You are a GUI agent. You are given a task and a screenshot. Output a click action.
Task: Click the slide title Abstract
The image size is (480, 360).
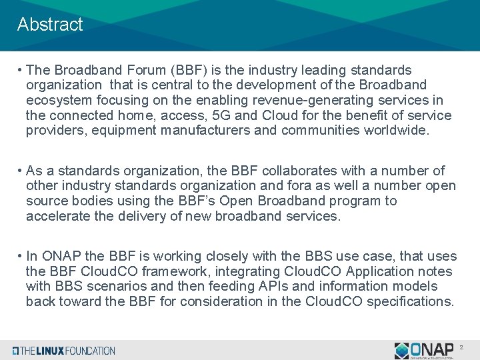pos(50,25)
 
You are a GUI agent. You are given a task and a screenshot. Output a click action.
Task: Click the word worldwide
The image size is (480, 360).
pos(397,131)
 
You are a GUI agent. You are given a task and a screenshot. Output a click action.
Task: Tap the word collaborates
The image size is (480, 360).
pos(289,171)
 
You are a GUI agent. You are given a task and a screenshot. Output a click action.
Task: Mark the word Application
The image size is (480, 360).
pos(383,271)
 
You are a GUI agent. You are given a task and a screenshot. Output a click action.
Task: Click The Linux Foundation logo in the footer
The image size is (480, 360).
pos(64,351)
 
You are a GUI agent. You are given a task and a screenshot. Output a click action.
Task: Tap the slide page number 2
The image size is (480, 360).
pos(461,348)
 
